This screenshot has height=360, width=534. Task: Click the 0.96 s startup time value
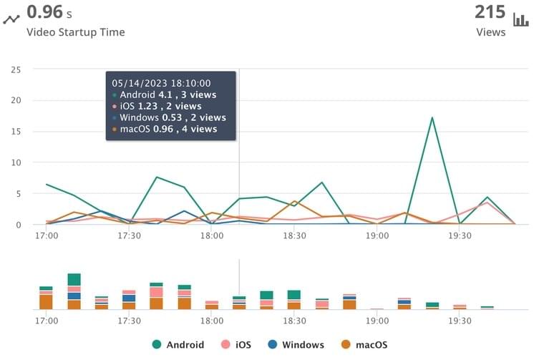pos(49,12)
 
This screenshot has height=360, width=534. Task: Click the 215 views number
pos(490,12)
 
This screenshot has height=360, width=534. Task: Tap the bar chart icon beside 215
pos(520,14)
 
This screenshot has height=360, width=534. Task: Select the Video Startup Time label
pos(75,32)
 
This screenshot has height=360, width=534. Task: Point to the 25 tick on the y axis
pos(16,69)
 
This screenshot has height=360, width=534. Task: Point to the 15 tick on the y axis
pos(16,132)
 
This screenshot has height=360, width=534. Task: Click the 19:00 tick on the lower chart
pos(377,321)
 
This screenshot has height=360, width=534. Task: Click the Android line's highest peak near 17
pos(432,117)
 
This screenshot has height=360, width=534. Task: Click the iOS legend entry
pos(241,345)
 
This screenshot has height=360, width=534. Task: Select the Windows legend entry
pos(296,345)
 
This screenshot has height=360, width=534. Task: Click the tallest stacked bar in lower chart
pos(74,291)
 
